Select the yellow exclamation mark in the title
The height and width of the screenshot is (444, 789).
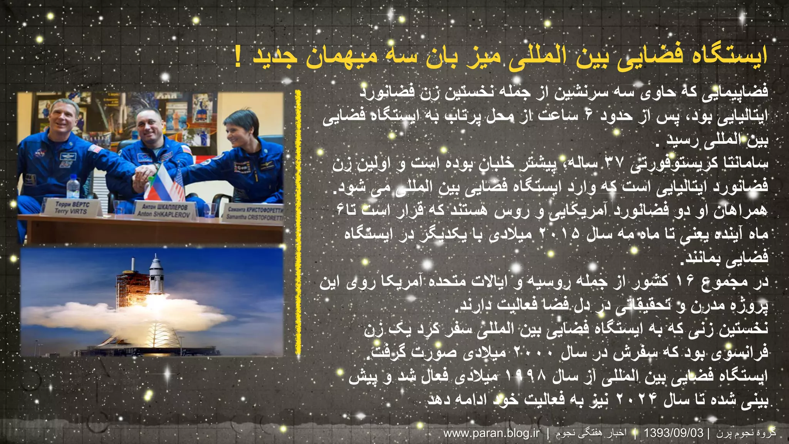(238, 57)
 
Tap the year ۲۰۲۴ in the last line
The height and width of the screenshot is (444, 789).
(636, 399)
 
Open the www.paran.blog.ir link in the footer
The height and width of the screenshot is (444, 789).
(492, 433)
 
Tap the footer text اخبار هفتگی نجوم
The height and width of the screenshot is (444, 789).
(591, 433)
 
